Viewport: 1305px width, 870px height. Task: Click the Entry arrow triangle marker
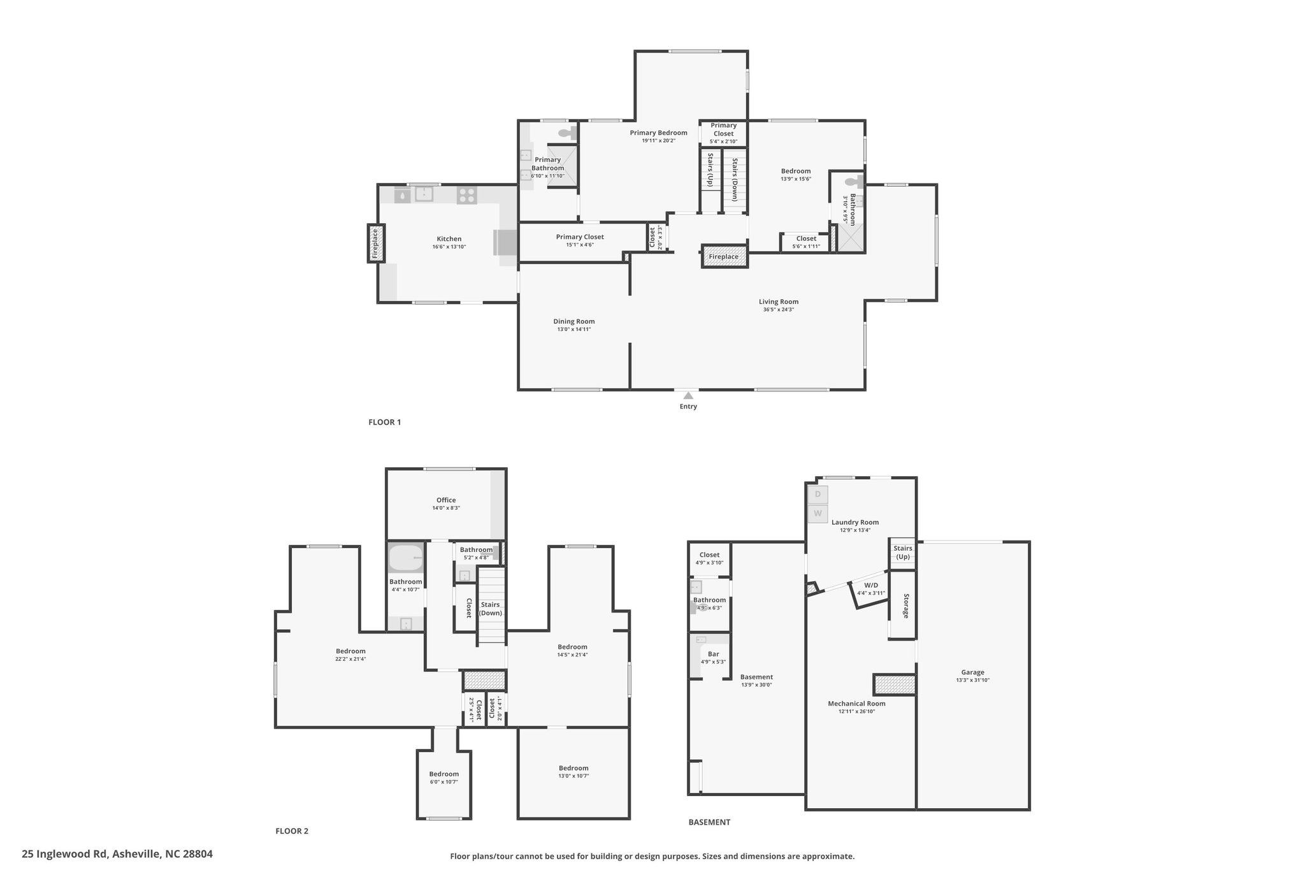tap(688, 395)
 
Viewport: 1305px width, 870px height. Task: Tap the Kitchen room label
tap(449, 239)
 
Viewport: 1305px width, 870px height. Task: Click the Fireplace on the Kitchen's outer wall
tap(376, 243)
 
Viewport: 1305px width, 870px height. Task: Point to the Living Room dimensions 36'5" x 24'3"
tap(779, 310)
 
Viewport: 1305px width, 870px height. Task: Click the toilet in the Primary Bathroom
tap(566, 133)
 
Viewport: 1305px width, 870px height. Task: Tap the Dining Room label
tap(574, 321)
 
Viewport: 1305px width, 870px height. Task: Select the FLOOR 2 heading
tap(292, 830)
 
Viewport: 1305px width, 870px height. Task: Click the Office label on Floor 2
tap(446, 500)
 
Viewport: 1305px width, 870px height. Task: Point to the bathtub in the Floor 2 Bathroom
tap(406, 558)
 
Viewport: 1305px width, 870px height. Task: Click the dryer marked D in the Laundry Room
tap(818, 494)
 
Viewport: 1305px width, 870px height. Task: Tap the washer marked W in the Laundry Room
tap(818, 513)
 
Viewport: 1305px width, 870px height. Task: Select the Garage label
tap(972, 672)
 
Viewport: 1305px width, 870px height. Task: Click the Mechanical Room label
tap(856, 704)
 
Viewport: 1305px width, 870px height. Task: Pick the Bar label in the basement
tap(714, 654)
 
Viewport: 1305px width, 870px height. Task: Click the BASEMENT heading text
tap(709, 822)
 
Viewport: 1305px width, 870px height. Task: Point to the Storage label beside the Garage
tap(905, 605)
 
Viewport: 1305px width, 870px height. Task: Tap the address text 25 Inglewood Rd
tap(66, 853)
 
